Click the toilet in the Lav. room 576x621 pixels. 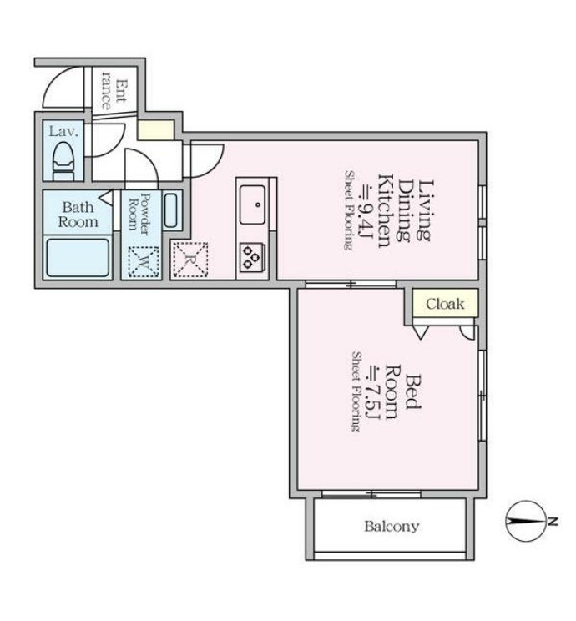[63, 160]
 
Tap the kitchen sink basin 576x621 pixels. [252, 204]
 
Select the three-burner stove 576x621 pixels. [251, 257]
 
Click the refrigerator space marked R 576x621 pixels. [190, 260]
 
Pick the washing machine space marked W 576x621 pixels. [144, 262]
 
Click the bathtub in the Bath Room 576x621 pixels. [78, 257]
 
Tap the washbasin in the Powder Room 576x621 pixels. [171, 210]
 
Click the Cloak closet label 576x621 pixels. [445, 304]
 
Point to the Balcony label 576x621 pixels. [392, 527]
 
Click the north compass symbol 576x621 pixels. [526, 521]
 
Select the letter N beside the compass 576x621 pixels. [553, 521]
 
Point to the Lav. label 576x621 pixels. [63, 131]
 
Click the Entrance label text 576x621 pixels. [113, 91]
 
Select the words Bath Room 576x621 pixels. [78, 215]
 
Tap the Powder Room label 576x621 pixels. [139, 213]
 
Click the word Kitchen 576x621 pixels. [384, 210]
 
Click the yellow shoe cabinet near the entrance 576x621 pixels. [155, 129]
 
